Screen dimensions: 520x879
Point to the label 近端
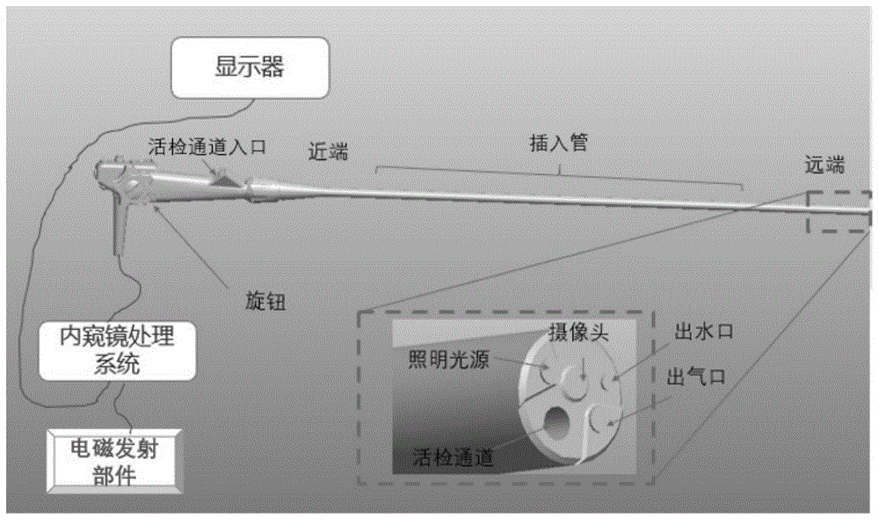[x=327, y=150]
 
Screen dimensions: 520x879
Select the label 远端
[x=825, y=164]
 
